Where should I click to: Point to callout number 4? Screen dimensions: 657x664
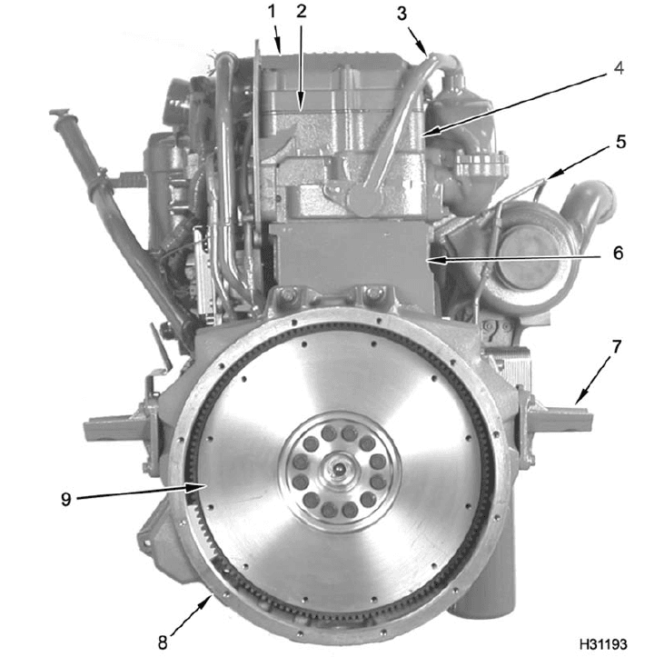619,69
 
